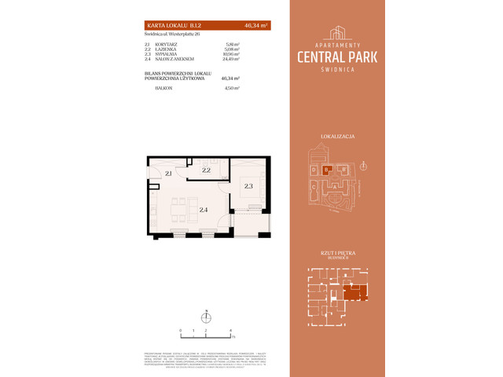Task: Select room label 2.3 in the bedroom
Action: (x=248, y=186)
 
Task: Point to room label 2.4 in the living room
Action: (x=203, y=210)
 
